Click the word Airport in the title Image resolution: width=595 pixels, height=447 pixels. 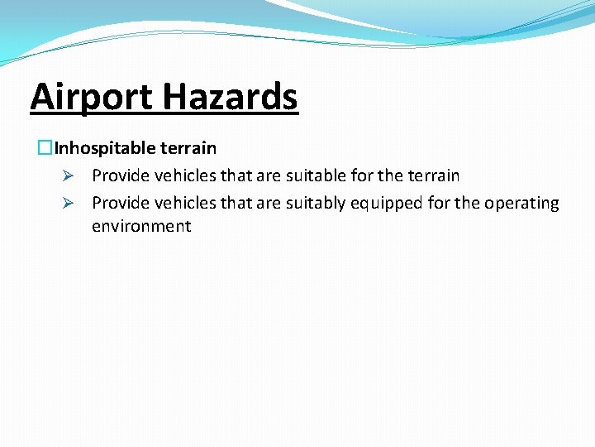[x=91, y=98]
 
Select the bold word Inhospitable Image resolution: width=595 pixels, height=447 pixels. [x=104, y=149]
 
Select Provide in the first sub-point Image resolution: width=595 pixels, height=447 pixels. [x=120, y=176]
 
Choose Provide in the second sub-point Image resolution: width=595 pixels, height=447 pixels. [x=120, y=204]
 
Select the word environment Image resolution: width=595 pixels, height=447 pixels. [x=141, y=226]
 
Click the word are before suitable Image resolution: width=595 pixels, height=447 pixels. [x=269, y=176]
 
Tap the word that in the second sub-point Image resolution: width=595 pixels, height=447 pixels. [x=236, y=204]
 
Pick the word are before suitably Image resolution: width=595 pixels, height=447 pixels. [x=269, y=204]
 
